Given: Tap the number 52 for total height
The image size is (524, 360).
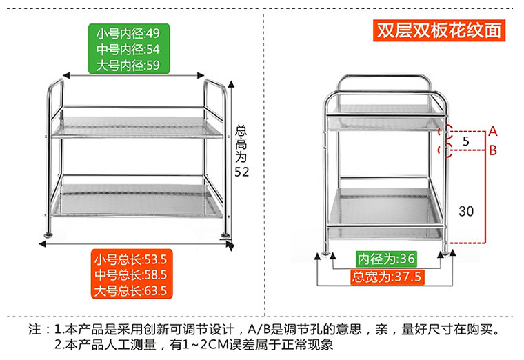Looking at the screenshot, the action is pos(241,172).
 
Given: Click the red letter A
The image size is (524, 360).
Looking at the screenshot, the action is pos(494,131).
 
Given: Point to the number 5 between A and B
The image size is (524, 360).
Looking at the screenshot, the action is pos(466,141).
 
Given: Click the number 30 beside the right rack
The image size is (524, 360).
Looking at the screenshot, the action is pos(466,212).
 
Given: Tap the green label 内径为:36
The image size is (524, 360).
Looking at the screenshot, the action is pos(386,259).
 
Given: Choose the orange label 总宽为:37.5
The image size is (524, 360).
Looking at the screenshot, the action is pos(386,277).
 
